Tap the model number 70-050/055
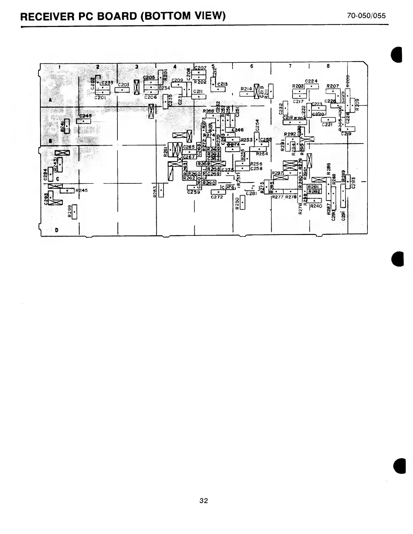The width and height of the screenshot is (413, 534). click(366, 16)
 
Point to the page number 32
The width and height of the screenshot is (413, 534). click(203, 501)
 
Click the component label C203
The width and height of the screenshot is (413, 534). click(123, 85)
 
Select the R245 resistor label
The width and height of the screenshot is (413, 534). click(82, 190)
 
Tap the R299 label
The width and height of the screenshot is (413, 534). click(70, 212)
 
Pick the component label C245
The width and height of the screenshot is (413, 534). click(85, 116)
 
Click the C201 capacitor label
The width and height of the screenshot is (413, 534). click(101, 98)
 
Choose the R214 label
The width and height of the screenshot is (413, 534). click(246, 89)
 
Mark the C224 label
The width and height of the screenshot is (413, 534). click(311, 81)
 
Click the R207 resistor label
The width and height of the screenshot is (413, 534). click(333, 86)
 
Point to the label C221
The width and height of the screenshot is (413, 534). click(327, 124)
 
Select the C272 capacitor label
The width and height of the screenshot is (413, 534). click(217, 197)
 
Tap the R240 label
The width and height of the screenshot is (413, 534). click(316, 206)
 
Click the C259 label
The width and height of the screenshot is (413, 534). click(193, 192)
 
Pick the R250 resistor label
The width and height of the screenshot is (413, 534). click(238, 203)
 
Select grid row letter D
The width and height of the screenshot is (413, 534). click(56, 230)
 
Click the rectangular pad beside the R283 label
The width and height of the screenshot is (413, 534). click(161, 190)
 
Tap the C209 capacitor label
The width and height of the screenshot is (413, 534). click(177, 80)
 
